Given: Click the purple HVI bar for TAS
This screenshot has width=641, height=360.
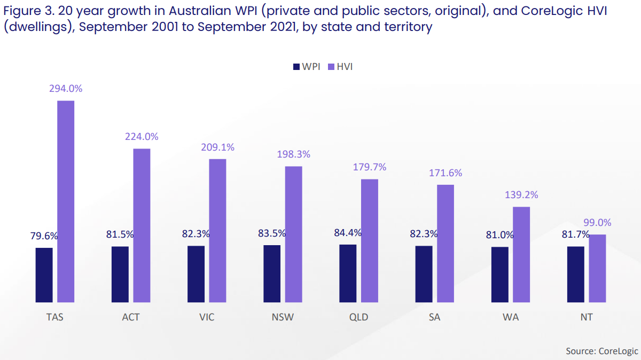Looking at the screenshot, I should click(66, 201).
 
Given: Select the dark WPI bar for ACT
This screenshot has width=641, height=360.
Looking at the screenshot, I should click(120, 275).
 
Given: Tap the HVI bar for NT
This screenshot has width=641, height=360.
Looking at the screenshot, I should click(598, 269).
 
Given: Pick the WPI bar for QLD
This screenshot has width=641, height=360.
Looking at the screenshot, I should click(348, 273).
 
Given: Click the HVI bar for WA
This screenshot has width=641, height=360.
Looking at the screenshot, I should click(521, 255).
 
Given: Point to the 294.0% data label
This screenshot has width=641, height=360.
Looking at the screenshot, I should click(66, 89).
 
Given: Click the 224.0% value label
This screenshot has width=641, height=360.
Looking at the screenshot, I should click(142, 137).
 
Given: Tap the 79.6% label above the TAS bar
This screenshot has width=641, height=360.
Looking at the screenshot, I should click(44, 236).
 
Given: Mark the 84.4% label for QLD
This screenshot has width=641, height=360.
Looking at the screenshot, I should click(348, 233).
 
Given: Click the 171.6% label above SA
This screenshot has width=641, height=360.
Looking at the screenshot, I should click(445, 173).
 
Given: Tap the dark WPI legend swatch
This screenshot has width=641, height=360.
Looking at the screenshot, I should click(296, 67).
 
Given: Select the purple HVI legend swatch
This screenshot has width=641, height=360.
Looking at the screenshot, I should click(330, 67).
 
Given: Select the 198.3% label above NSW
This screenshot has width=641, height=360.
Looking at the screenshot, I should click(293, 154).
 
